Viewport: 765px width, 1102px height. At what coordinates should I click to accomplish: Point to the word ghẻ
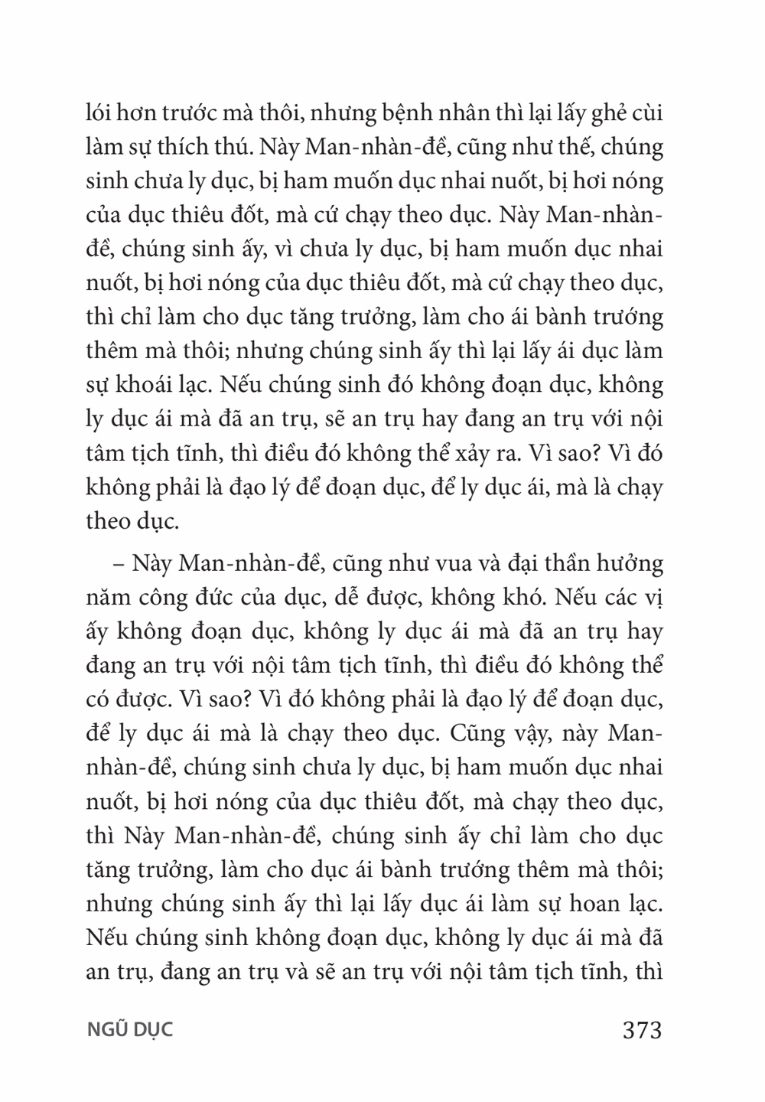tap(608, 116)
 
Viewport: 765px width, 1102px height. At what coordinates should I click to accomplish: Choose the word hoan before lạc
tap(591, 904)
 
